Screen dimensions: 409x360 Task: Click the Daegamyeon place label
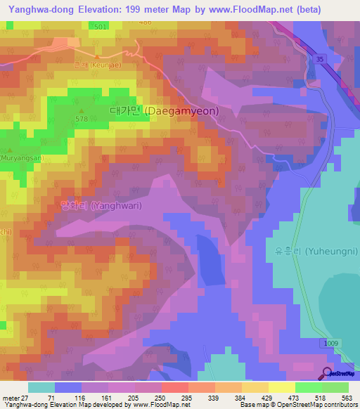coord(165,111)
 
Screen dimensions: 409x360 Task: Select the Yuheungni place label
coord(314,251)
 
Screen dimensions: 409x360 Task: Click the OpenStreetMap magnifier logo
coord(327,373)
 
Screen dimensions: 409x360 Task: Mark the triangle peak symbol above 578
coord(82,110)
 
